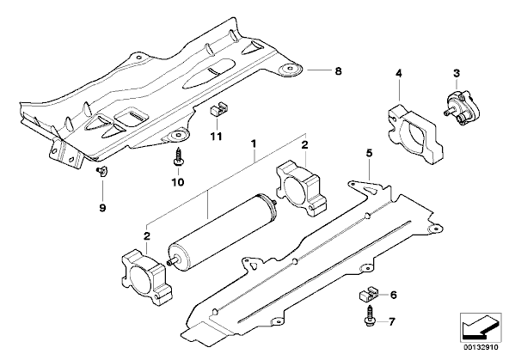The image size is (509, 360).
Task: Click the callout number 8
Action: [x=338, y=71]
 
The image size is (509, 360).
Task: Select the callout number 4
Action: [x=399, y=74]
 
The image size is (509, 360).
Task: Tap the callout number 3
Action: [x=457, y=73]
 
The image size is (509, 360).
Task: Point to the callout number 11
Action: [x=216, y=137]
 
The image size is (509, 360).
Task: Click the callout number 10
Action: [x=178, y=182]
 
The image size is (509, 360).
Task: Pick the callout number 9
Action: [x=102, y=208]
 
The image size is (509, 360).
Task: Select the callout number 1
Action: [x=254, y=143]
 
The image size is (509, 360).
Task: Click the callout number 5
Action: [x=370, y=153]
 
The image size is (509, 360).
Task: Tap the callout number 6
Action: [x=394, y=295]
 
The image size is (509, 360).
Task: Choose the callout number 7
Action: [x=392, y=321]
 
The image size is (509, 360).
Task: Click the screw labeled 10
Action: [x=178, y=157]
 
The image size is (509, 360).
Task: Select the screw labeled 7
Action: [x=370, y=315]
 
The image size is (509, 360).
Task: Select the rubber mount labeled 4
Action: [x=415, y=134]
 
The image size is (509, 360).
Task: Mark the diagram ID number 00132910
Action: [x=481, y=347]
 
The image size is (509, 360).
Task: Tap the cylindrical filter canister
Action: [x=223, y=235]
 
